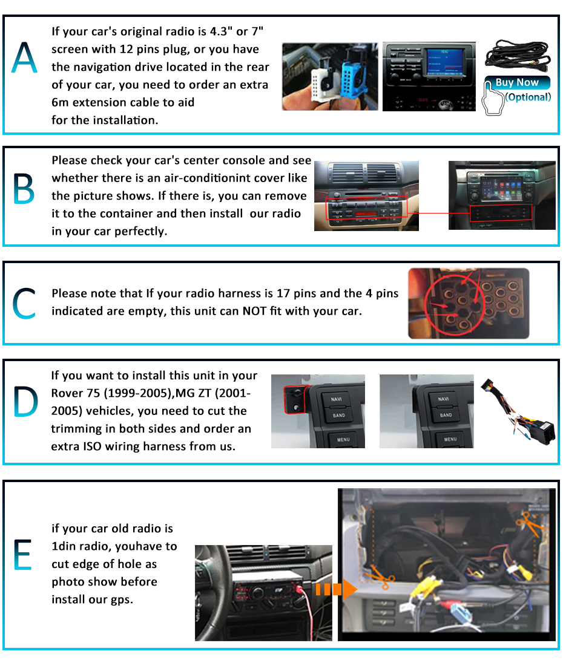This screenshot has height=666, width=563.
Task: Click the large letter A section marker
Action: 24,57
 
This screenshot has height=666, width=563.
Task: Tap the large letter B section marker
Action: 24,189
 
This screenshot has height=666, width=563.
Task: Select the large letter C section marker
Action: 24,303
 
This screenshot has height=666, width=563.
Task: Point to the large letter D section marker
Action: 25,402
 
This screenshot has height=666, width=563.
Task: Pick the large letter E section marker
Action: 22,554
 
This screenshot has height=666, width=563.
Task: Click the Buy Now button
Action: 517,82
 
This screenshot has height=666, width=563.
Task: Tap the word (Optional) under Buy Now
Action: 528,97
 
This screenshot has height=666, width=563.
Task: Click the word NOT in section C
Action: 255,312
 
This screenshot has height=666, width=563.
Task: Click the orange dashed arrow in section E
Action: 336,589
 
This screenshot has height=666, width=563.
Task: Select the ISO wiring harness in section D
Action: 519,412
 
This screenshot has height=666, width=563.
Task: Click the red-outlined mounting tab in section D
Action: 297,399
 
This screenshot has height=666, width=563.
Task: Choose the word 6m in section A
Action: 60,102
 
